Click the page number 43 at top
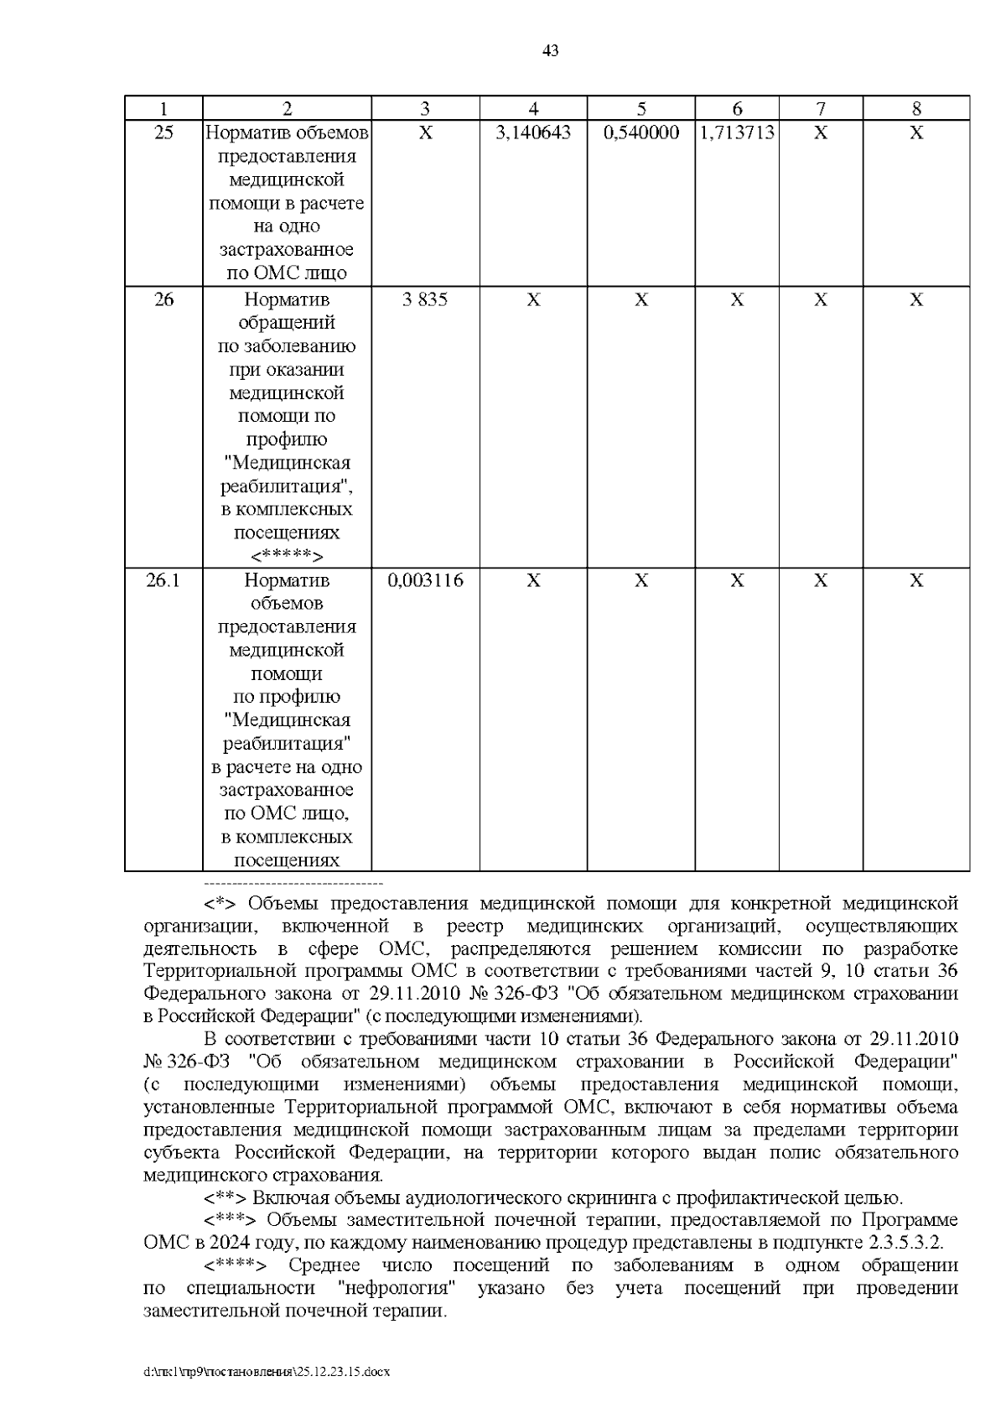click(x=550, y=51)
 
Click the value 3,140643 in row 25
click(x=533, y=132)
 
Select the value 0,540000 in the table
click(x=641, y=132)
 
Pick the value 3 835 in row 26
click(x=425, y=299)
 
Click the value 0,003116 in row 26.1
click(x=425, y=580)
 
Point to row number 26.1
click(x=163, y=580)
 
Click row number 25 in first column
click(x=163, y=132)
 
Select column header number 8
click(x=916, y=108)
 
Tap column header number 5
click(x=641, y=108)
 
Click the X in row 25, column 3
click(x=425, y=132)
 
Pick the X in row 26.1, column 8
click(x=916, y=580)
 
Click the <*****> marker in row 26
click(x=287, y=556)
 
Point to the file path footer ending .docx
click(x=267, y=1373)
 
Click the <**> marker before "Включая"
click(x=226, y=1197)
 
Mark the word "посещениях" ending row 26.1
click(x=287, y=860)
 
